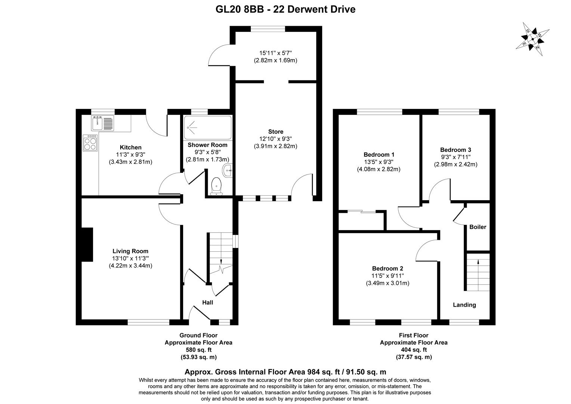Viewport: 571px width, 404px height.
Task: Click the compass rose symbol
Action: (x=533, y=39)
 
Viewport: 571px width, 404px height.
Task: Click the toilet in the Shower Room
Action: (x=216, y=186)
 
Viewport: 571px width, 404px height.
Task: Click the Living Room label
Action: (x=130, y=251)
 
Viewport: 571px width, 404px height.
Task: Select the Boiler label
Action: (x=478, y=227)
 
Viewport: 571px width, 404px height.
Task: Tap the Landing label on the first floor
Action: (x=464, y=305)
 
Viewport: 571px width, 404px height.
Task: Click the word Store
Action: (x=275, y=132)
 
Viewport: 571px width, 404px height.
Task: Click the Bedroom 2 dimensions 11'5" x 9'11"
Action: (x=388, y=276)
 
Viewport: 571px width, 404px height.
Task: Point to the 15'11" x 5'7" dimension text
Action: (x=275, y=53)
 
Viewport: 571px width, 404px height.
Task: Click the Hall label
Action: (x=207, y=302)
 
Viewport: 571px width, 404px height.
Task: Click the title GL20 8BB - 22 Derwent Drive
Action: (x=285, y=9)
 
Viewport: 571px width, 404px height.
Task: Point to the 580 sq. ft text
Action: (x=198, y=350)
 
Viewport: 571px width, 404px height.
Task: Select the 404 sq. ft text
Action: (x=414, y=350)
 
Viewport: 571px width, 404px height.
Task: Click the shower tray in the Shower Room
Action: (x=208, y=128)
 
